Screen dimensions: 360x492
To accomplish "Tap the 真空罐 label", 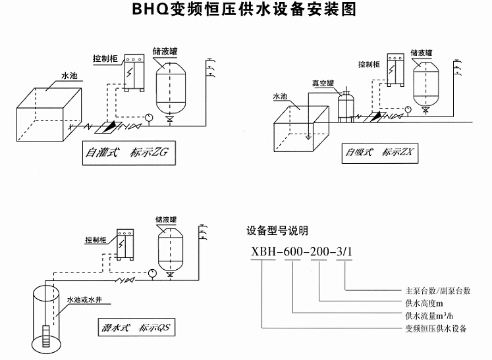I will point(323,83).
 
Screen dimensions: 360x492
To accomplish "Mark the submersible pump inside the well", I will point(44,337).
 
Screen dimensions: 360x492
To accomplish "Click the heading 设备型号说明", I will point(277,230).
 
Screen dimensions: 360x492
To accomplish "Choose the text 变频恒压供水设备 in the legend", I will point(435,330).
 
